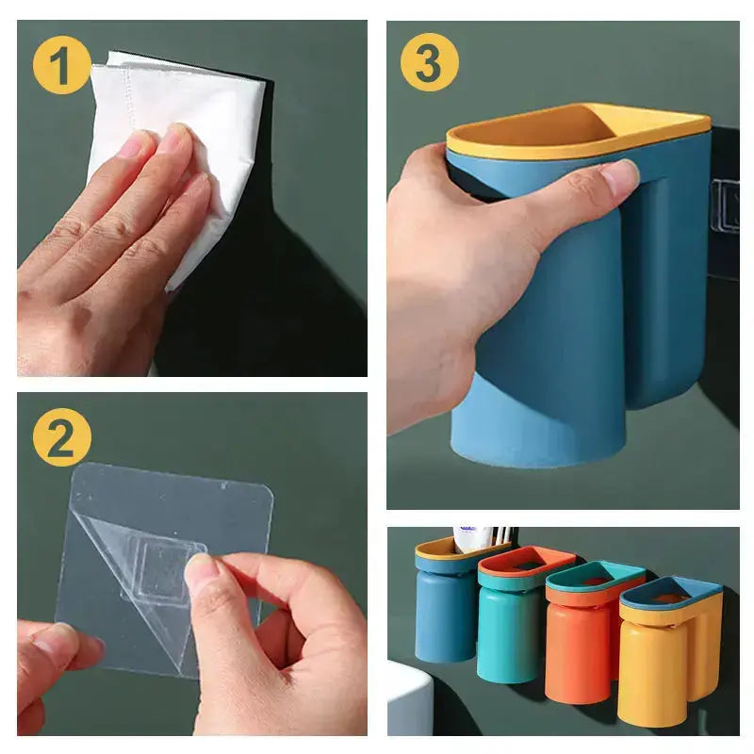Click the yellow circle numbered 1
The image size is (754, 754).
click(x=61, y=67)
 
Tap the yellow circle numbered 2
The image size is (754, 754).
click(x=61, y=438)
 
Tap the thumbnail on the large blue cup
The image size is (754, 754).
click(x=620, y=176)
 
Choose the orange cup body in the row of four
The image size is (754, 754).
click(x=577, y=650)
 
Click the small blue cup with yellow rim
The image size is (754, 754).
click(x=444, y=608)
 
